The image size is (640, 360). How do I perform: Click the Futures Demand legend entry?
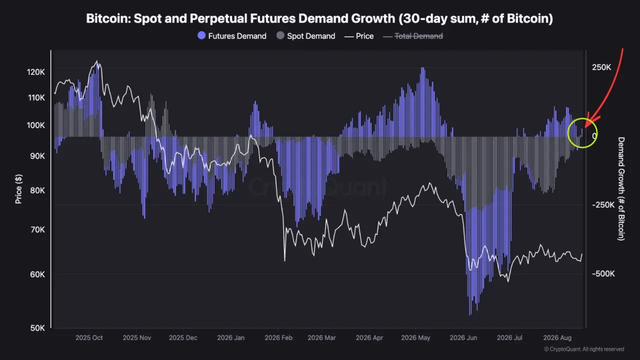231,36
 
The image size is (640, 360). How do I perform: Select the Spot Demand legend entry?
305,36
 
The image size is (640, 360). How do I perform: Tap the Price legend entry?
359,36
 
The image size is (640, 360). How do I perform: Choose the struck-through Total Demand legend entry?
413,36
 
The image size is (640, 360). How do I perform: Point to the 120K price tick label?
36,72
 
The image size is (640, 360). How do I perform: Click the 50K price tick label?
37,328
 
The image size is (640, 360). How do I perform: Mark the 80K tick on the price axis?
37,190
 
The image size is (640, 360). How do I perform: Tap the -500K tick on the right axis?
603,273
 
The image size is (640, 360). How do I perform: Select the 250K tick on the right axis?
601,67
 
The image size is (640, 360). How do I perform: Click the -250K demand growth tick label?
603,205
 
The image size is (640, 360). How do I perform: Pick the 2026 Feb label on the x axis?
278,337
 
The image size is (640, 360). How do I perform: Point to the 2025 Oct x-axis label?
89,337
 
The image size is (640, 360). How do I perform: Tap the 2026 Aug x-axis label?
557,337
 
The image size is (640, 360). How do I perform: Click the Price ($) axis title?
18,189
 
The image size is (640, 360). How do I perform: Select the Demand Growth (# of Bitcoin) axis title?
621,189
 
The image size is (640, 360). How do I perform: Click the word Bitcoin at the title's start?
109,18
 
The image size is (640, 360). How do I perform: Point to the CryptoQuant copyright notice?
584,349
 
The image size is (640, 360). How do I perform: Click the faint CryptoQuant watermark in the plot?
317,187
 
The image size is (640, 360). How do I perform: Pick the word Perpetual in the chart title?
218,18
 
